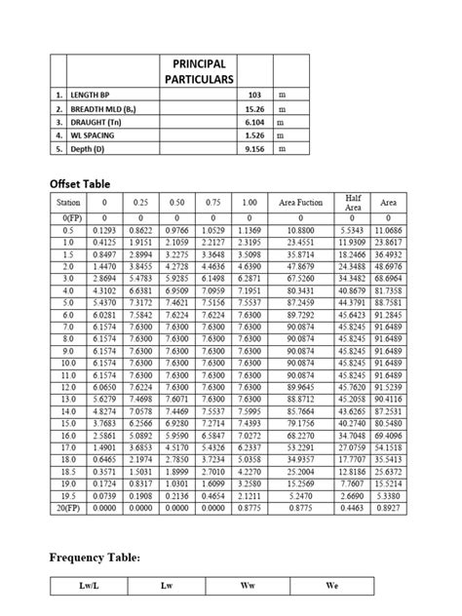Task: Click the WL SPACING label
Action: tap(96, 136)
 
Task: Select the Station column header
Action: tap(70, 203)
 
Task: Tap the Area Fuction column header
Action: tap(301, 203)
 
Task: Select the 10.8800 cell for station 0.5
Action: tap(301, 228)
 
